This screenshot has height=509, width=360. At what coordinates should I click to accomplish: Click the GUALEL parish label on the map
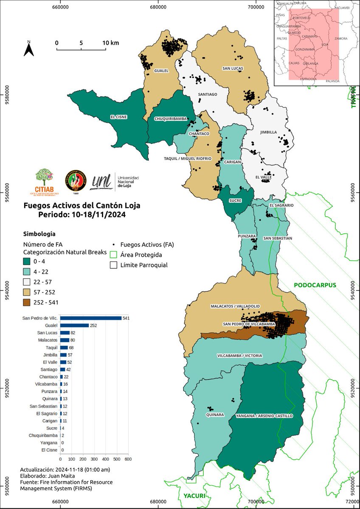pos(161,71)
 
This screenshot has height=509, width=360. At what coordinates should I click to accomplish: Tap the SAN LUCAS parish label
pos(232,68)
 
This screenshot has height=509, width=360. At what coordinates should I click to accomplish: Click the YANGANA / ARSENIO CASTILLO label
pos(264,416)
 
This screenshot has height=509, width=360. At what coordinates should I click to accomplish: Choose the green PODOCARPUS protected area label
pos(315,285)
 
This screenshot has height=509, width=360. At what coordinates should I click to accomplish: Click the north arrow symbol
pos(28,49)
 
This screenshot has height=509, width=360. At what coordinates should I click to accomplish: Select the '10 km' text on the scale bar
pos(110,43)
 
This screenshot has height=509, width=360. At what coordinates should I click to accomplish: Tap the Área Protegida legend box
pos(113,255)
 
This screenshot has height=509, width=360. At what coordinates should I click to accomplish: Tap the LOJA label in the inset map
pos(326,44)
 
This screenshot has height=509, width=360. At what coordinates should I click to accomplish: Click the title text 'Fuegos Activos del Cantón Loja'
pos(81,206)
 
